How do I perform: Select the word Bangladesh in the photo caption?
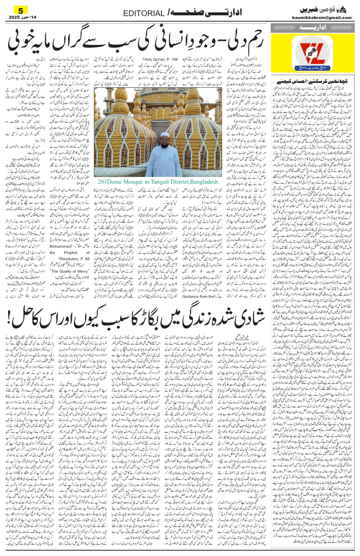pos(203,182)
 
